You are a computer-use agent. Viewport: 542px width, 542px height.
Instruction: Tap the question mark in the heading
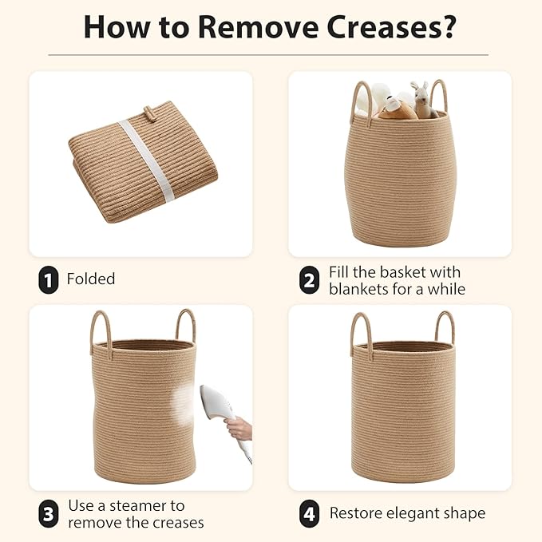coord(447,26)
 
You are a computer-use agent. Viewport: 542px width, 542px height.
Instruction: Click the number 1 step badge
coord(48,279)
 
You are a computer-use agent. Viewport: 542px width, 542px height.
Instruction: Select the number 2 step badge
coord(309,279)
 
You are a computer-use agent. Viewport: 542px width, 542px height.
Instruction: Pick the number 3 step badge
coord(48,513)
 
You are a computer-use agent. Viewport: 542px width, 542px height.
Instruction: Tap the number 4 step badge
coord(309,513)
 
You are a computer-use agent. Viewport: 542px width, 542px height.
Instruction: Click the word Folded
coord(91,279)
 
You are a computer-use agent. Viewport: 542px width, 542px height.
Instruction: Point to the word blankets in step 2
coord(358,289)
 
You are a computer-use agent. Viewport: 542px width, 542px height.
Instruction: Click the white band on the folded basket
coord(147,160)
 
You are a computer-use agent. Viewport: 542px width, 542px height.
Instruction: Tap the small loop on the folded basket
coord(148,113)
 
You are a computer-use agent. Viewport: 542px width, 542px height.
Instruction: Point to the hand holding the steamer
coord(239,428)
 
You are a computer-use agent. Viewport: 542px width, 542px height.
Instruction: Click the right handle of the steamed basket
coord(186,325)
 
